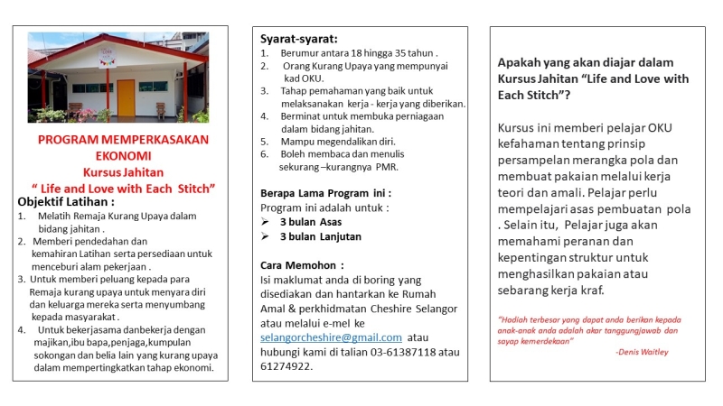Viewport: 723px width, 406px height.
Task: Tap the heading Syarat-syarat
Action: pyautogui.click(x=299, y=39)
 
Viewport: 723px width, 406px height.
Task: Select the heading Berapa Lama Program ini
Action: pyautogui.click(x=325, y=193)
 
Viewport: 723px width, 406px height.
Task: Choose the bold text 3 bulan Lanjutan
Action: pyautogui.click(x=320, y=236)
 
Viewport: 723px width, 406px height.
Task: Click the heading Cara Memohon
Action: pyautogui.click(x=302, y=265)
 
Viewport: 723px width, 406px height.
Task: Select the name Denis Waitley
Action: pyautogui.click(x=643, y=352)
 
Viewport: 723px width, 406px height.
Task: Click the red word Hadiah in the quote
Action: pyautogui.click(x=517, y=319)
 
